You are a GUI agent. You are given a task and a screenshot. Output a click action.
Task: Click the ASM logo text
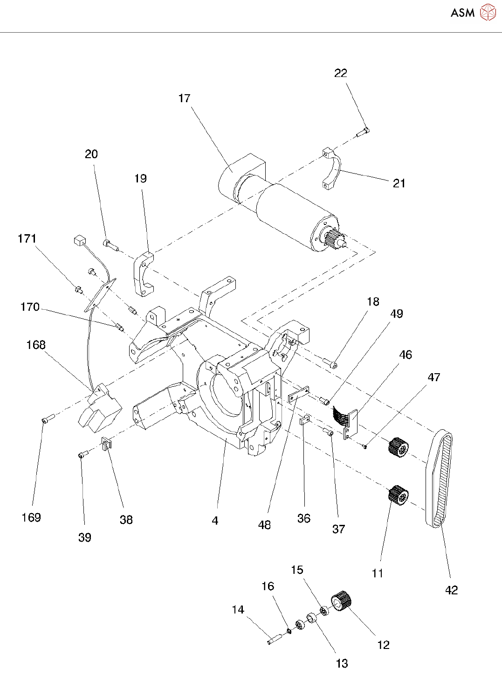click(462, 13)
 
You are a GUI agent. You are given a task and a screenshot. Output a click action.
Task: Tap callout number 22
click(341, 73)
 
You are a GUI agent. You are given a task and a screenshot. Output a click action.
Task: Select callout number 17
click(184, 98)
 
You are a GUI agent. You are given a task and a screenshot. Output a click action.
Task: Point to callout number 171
click(27, 239)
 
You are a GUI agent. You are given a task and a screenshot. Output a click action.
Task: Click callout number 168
click(36, 345)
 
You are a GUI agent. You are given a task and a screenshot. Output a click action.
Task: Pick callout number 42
click(452, 590)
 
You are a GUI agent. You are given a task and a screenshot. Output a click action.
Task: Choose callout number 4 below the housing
click(215, 521)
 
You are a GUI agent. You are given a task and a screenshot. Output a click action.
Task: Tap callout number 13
click(342, 663)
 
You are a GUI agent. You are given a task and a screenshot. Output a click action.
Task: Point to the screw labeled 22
click(363, 133)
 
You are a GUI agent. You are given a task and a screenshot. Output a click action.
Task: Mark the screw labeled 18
click(330, 362)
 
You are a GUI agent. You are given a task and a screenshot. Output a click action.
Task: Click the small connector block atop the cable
click(79, 240)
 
